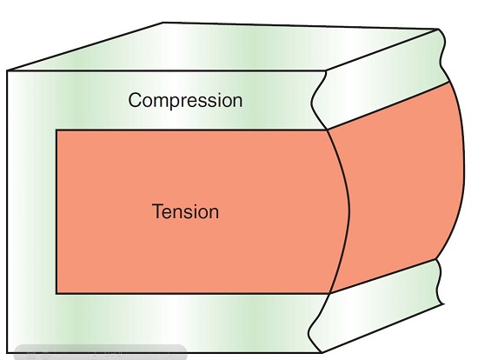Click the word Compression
click(x=185, y=100)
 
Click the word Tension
click(x=185, y=211)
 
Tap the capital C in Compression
click(x=135, y=100)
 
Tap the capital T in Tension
click(x=158, y=211)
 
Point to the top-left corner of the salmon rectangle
click(x=56, y=130)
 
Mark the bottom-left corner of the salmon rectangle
click(x=56, y=294)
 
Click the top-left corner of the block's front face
click(x=7, y=70)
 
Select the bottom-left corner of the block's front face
click(x=7, y=353)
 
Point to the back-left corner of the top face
click(x=163, y=23)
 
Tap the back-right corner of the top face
click(x=438, y=30)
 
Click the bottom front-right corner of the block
click(x=322, y=352)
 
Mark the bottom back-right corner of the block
click(x=442, y=303)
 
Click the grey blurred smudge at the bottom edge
click(x=101, y=352)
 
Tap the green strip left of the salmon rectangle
click(x=31, y=211)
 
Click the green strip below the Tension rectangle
click(x=164, y=323)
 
